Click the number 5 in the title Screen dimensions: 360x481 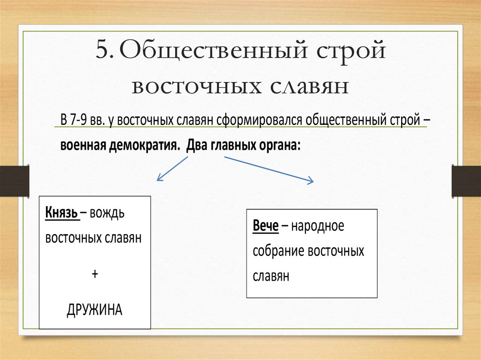click(102, 50)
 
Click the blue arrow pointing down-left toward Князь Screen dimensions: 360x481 click(172, 169)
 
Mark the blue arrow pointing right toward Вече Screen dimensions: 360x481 click(269, 169)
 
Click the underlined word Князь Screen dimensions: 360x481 click(62, 214)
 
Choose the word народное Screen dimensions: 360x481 click(318, 226)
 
